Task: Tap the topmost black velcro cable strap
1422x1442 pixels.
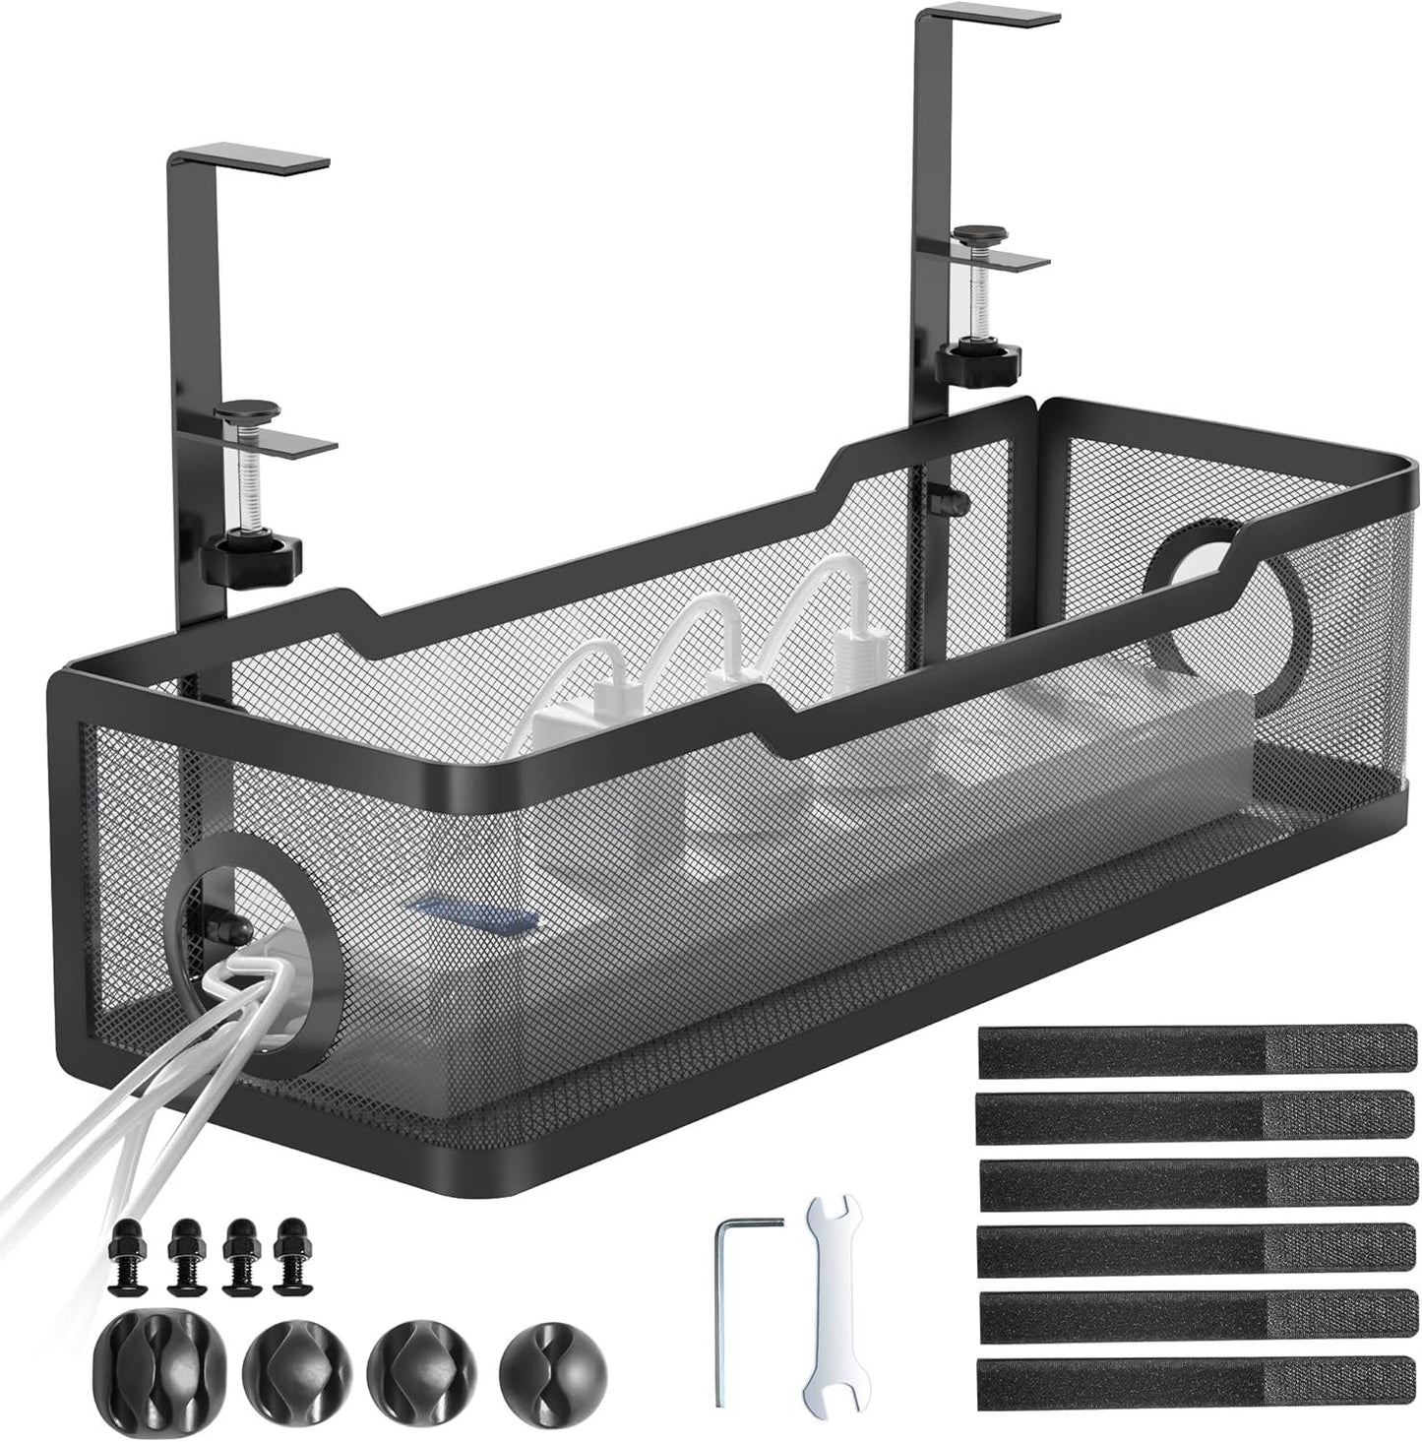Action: click(x=1197, y=1050)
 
